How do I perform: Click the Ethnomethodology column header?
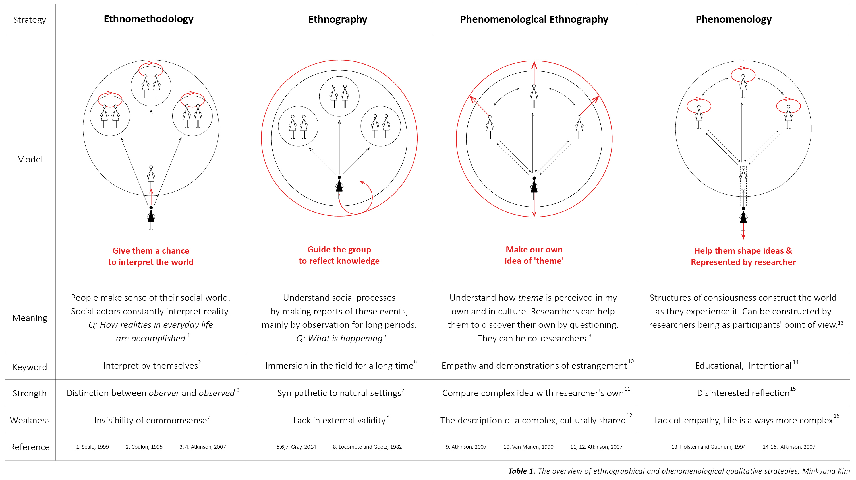[148, 19]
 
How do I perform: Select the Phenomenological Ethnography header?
[534, 20]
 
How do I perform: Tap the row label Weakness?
[30, 420]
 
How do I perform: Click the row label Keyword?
[30, 367]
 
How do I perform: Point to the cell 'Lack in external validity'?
[339, 421]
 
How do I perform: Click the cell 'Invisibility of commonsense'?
[150, 421]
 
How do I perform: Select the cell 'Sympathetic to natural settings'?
[339, 393]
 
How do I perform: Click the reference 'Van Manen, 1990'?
[528, 447]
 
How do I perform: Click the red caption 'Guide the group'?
[339, 250]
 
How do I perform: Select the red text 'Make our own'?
[534, 250]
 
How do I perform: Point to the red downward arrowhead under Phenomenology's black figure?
[743, 237]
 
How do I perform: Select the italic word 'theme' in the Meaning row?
[530, 298]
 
